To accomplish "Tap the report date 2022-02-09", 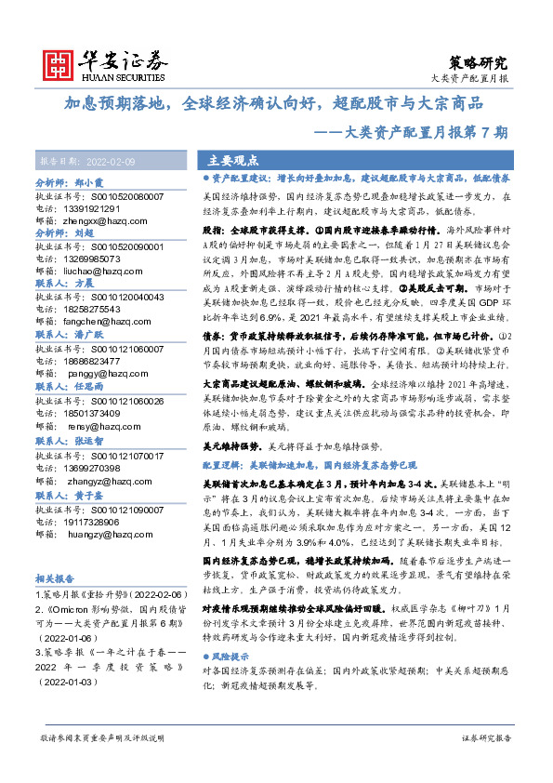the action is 107,161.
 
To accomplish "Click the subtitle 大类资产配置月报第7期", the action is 436,132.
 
